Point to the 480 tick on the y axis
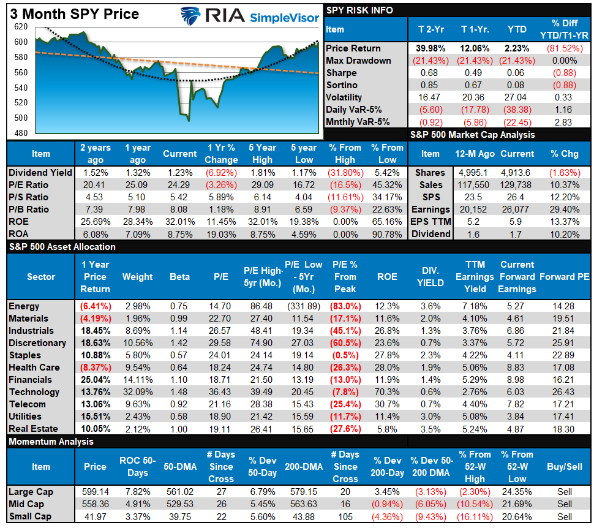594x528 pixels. [20, 133]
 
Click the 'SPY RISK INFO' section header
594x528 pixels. [359, 10]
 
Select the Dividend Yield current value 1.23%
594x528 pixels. [179, 173]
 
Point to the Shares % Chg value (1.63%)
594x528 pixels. [563, 173]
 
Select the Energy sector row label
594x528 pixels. [24, 306]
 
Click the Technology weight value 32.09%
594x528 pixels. [137, 392]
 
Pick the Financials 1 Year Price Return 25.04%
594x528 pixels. [94, 380]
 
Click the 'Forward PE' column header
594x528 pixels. [565, 276]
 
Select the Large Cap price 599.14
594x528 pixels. [95, 491]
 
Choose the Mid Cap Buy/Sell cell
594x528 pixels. [565, 503]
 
